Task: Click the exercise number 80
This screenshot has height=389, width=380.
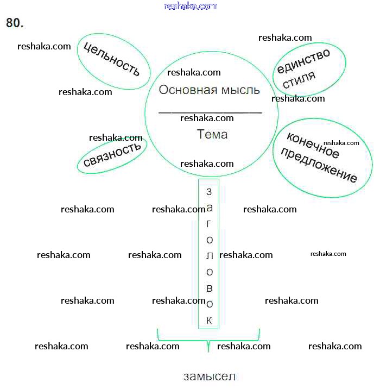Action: click(x=15, y=23)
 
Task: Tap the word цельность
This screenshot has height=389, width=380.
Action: click(x=111, y=59)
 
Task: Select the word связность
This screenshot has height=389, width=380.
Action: click(x=112, y=154)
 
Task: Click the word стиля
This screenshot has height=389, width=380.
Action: click(x=299, y=80)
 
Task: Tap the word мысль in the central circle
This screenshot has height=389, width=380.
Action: click(x=239, y=90)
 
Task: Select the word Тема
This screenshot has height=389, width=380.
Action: click(x=212, y=134)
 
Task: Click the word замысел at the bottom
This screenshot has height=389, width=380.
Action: click(x=210, y=376)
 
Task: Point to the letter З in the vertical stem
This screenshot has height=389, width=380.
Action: click(x=209, y=192)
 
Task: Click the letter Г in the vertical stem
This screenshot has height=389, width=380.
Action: click(x=209, y=224)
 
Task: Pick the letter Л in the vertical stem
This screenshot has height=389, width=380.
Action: click(x=209, y=256)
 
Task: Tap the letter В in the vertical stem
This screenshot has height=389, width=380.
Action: click(x=209, y=288)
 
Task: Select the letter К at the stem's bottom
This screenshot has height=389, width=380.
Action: click(x=209, y=320)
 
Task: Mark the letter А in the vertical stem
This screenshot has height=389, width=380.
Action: click(x=210, y=208)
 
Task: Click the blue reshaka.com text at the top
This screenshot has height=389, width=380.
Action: click(x=190, y=6)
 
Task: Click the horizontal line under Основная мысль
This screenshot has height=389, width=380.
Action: click(x=210, y=112)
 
